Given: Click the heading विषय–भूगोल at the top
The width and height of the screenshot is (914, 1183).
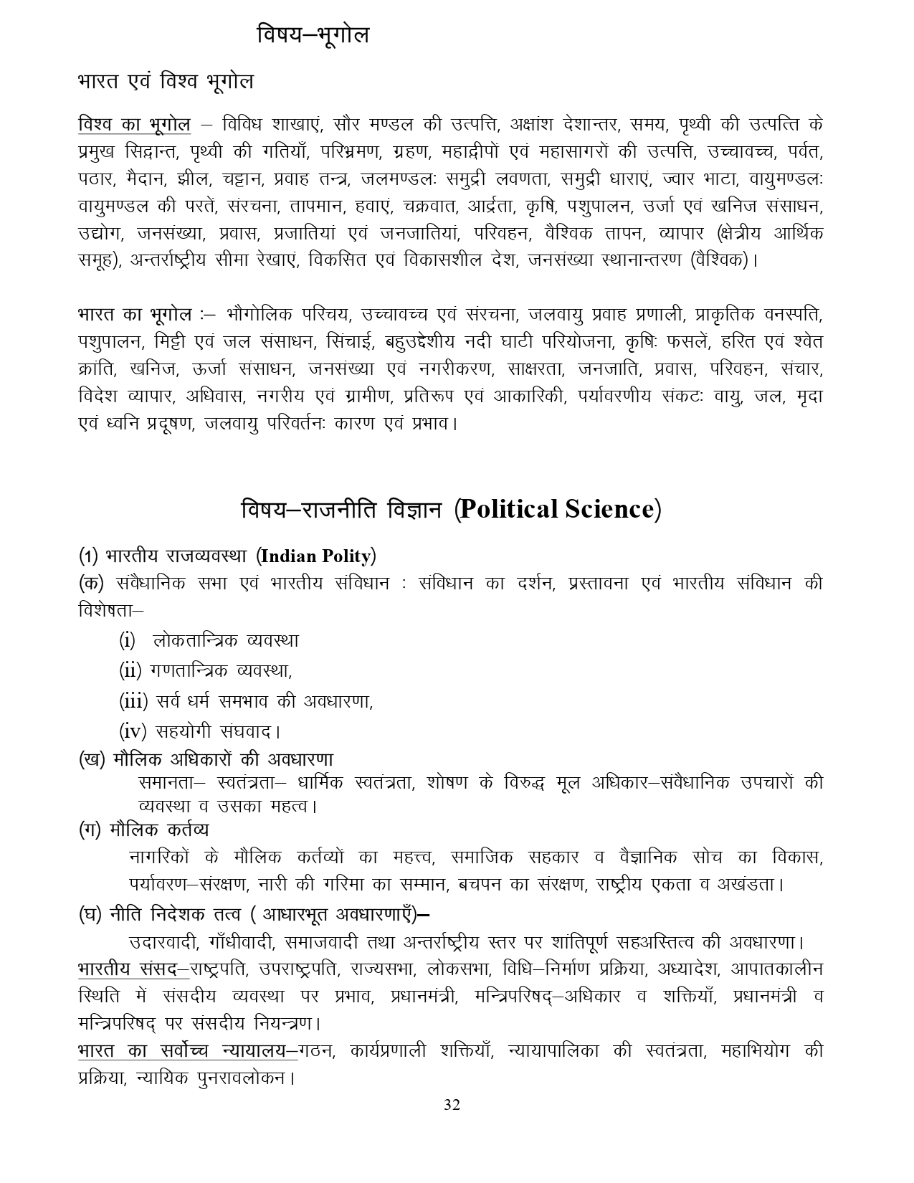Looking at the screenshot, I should tap(313, 34).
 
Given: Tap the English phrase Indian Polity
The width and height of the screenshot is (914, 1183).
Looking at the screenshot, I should tap(315, 556).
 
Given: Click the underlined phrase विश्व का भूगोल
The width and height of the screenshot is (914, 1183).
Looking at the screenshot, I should tap(134, 124).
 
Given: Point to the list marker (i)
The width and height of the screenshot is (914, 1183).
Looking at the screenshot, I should tap(127, 640).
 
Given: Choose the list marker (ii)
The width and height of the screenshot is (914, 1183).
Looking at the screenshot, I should tap(130, 670).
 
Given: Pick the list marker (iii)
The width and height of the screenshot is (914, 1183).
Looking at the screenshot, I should tap(133, 700).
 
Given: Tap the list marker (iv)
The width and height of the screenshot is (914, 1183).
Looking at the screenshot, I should tap(132, 731).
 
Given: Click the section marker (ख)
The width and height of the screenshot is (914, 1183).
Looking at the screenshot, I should tap(92, 759).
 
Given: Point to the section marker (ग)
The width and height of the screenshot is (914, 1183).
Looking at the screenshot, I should tap(90, 830).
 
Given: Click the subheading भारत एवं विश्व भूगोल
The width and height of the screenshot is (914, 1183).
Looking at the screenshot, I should tap(166, 82).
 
